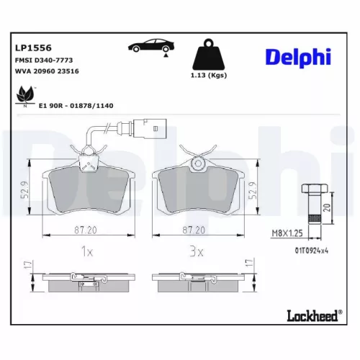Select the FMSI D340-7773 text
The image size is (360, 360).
pyautogui.click(x=43, y=61)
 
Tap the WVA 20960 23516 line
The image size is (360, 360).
pyautogui.click(x=48, y=73)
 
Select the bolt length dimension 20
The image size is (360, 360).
pyautogui.click(x=328, y=208)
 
